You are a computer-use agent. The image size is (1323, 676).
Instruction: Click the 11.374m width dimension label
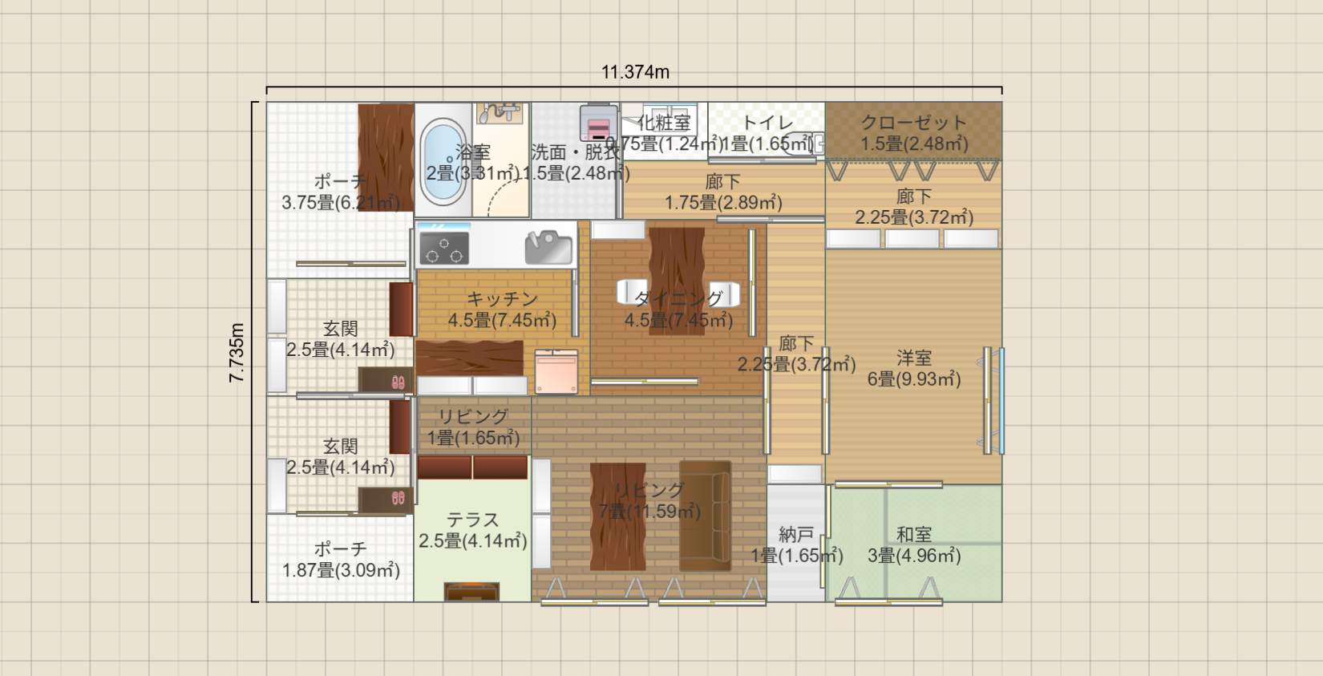(635, 72)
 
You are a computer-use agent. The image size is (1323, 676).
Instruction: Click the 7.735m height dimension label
(237, 353)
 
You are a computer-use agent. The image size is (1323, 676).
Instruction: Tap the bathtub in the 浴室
(443, 163)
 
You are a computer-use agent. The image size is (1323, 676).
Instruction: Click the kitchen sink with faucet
(549, 247)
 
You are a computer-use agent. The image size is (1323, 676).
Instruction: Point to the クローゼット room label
(913, 123)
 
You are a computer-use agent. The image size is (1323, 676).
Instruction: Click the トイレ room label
(767, 123)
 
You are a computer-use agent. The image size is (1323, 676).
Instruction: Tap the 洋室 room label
(914, 358)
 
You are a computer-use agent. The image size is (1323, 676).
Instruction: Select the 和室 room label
(914, 534)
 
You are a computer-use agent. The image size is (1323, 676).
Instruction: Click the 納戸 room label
(796, 534)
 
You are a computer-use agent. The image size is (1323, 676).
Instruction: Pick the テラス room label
(473, 520)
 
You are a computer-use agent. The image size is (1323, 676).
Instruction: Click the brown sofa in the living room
(705, 516)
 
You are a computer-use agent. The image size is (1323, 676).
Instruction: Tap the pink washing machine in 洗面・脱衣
(599, 124)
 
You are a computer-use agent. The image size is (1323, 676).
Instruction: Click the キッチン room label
(502, 299)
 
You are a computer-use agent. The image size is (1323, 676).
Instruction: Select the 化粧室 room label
(664, 123)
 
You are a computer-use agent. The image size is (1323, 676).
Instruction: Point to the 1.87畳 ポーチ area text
(341, 570)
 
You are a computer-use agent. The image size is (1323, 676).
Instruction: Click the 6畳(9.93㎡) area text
(914, 379)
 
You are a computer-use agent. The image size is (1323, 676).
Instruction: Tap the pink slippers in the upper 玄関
(398, 383)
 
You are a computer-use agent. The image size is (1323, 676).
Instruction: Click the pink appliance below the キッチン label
(556, 372)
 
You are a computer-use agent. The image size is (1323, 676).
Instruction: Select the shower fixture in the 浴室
(500, 112)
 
